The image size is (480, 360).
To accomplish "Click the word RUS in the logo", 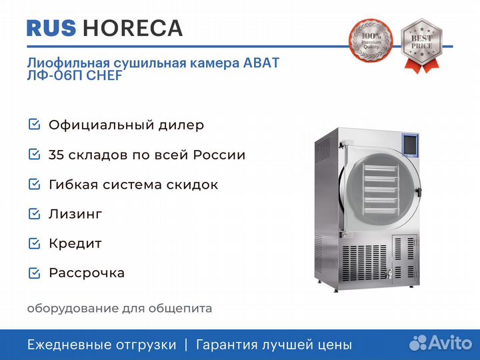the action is [x=51, y=28].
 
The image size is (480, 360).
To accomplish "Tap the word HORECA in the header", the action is [x=133, y=28].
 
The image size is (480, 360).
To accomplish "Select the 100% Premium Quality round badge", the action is [x=371, y=41].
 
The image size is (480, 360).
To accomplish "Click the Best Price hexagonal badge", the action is [x=421, y=45].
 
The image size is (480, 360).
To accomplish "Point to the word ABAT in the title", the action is [x=261, y=63].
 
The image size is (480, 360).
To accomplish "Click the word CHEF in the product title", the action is [x=104, y=75].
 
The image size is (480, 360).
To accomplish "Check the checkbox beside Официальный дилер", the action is [x=34, y=124].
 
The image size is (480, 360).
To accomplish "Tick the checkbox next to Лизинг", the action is [x=34, y=214].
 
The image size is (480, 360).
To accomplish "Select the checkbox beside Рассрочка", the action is [x=34, y=273].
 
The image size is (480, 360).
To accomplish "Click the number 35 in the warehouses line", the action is [x=56, y=155].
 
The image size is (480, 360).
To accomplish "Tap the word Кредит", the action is [x=75, y=244].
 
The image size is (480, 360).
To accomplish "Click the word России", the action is [x=219, y=155].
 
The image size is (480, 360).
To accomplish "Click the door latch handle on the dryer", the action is [x=419, y=191].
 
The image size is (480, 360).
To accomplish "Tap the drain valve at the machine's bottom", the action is [x=388, y=273].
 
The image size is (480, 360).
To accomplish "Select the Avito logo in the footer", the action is [x=441, y=343].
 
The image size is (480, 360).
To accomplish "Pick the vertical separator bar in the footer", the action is [x=186, y=345].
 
